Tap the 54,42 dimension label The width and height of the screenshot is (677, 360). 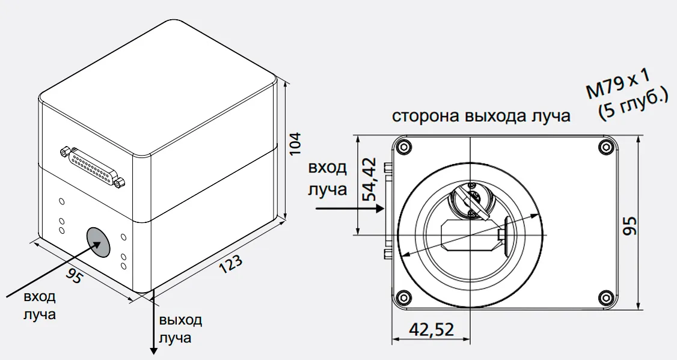point(369,179)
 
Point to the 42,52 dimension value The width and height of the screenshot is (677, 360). point(431,329)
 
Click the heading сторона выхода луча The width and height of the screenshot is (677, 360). point(481,116)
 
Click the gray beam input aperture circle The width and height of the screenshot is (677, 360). point(99,241)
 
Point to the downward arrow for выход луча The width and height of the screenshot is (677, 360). point(151,325)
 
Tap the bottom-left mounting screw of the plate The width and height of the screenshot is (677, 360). point(402,296)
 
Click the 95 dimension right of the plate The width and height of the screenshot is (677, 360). point(630,226)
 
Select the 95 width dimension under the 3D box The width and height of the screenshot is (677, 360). point(75,276)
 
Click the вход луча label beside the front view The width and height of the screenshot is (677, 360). point(328,178)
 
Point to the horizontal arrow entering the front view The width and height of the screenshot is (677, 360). point(349,209)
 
